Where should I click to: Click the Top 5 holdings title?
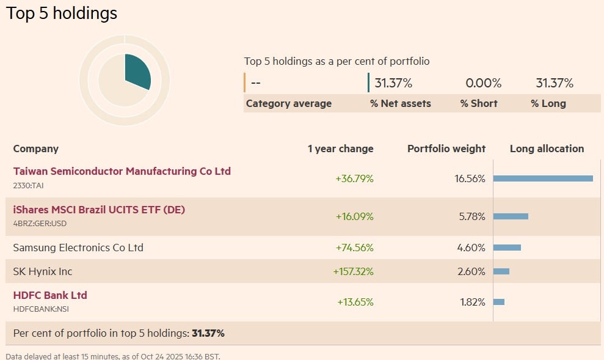coord(62,13)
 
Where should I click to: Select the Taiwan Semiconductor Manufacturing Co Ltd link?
coord(122,171)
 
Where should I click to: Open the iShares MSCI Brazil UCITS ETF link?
coord(99,210)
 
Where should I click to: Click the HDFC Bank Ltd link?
coord(50,295)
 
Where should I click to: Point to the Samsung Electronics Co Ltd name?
coord(78,248)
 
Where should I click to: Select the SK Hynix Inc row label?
coord(43,271)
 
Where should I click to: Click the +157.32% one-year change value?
coord(353,271)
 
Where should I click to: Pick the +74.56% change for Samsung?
coord(354,248)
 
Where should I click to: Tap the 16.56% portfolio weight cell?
coord(470,178)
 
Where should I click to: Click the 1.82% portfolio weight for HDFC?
coord(471,302)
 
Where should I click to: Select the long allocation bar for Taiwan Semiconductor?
coord(543,178)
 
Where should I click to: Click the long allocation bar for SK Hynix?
coord(501,271)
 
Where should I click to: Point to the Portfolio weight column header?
coord(446,149)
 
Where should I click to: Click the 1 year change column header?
coord(340,149)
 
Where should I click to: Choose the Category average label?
coord(289,103)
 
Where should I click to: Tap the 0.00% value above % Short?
coord(483,83)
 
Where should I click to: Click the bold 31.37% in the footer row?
coord(208,333)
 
